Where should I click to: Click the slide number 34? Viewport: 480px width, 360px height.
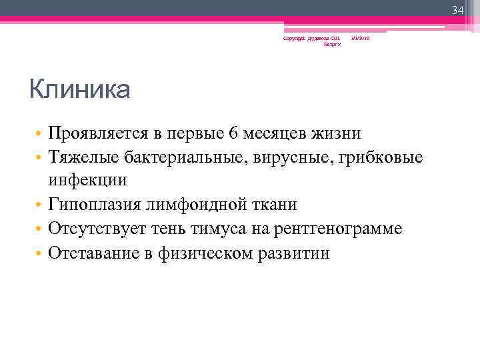click(x=457, y=10)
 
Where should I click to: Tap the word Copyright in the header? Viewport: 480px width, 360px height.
click(x=293, y=38)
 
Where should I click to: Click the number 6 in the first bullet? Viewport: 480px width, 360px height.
click(x=232, y=133)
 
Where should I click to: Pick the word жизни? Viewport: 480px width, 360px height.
click(x=339, y=133)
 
